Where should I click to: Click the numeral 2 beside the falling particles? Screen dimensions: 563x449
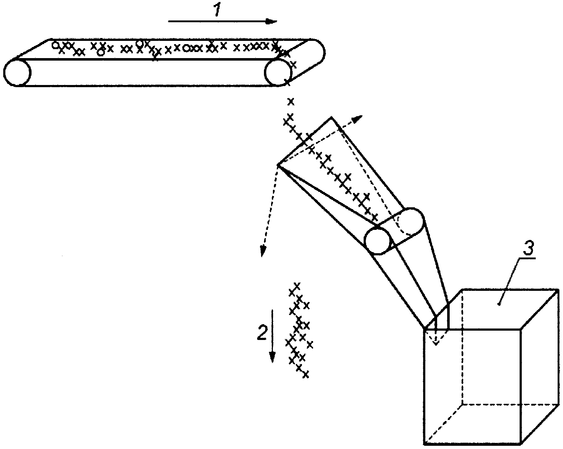click(x=262, y=332)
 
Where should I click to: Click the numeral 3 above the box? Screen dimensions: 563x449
click(x=528, y=249)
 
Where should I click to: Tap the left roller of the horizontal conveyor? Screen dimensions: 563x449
click(x=17, y=72)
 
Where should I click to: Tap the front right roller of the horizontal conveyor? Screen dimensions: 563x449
click(x=278, y=72)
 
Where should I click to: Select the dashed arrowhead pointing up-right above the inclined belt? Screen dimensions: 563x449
click(x=358, y=119)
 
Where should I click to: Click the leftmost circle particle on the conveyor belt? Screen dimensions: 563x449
click(x=55, y=45)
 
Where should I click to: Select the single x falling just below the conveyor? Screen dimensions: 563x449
click(x=291, y=101)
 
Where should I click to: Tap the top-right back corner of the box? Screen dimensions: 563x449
click(x=558, y=289)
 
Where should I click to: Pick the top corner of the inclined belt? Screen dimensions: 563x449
click(x=332, y=117)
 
